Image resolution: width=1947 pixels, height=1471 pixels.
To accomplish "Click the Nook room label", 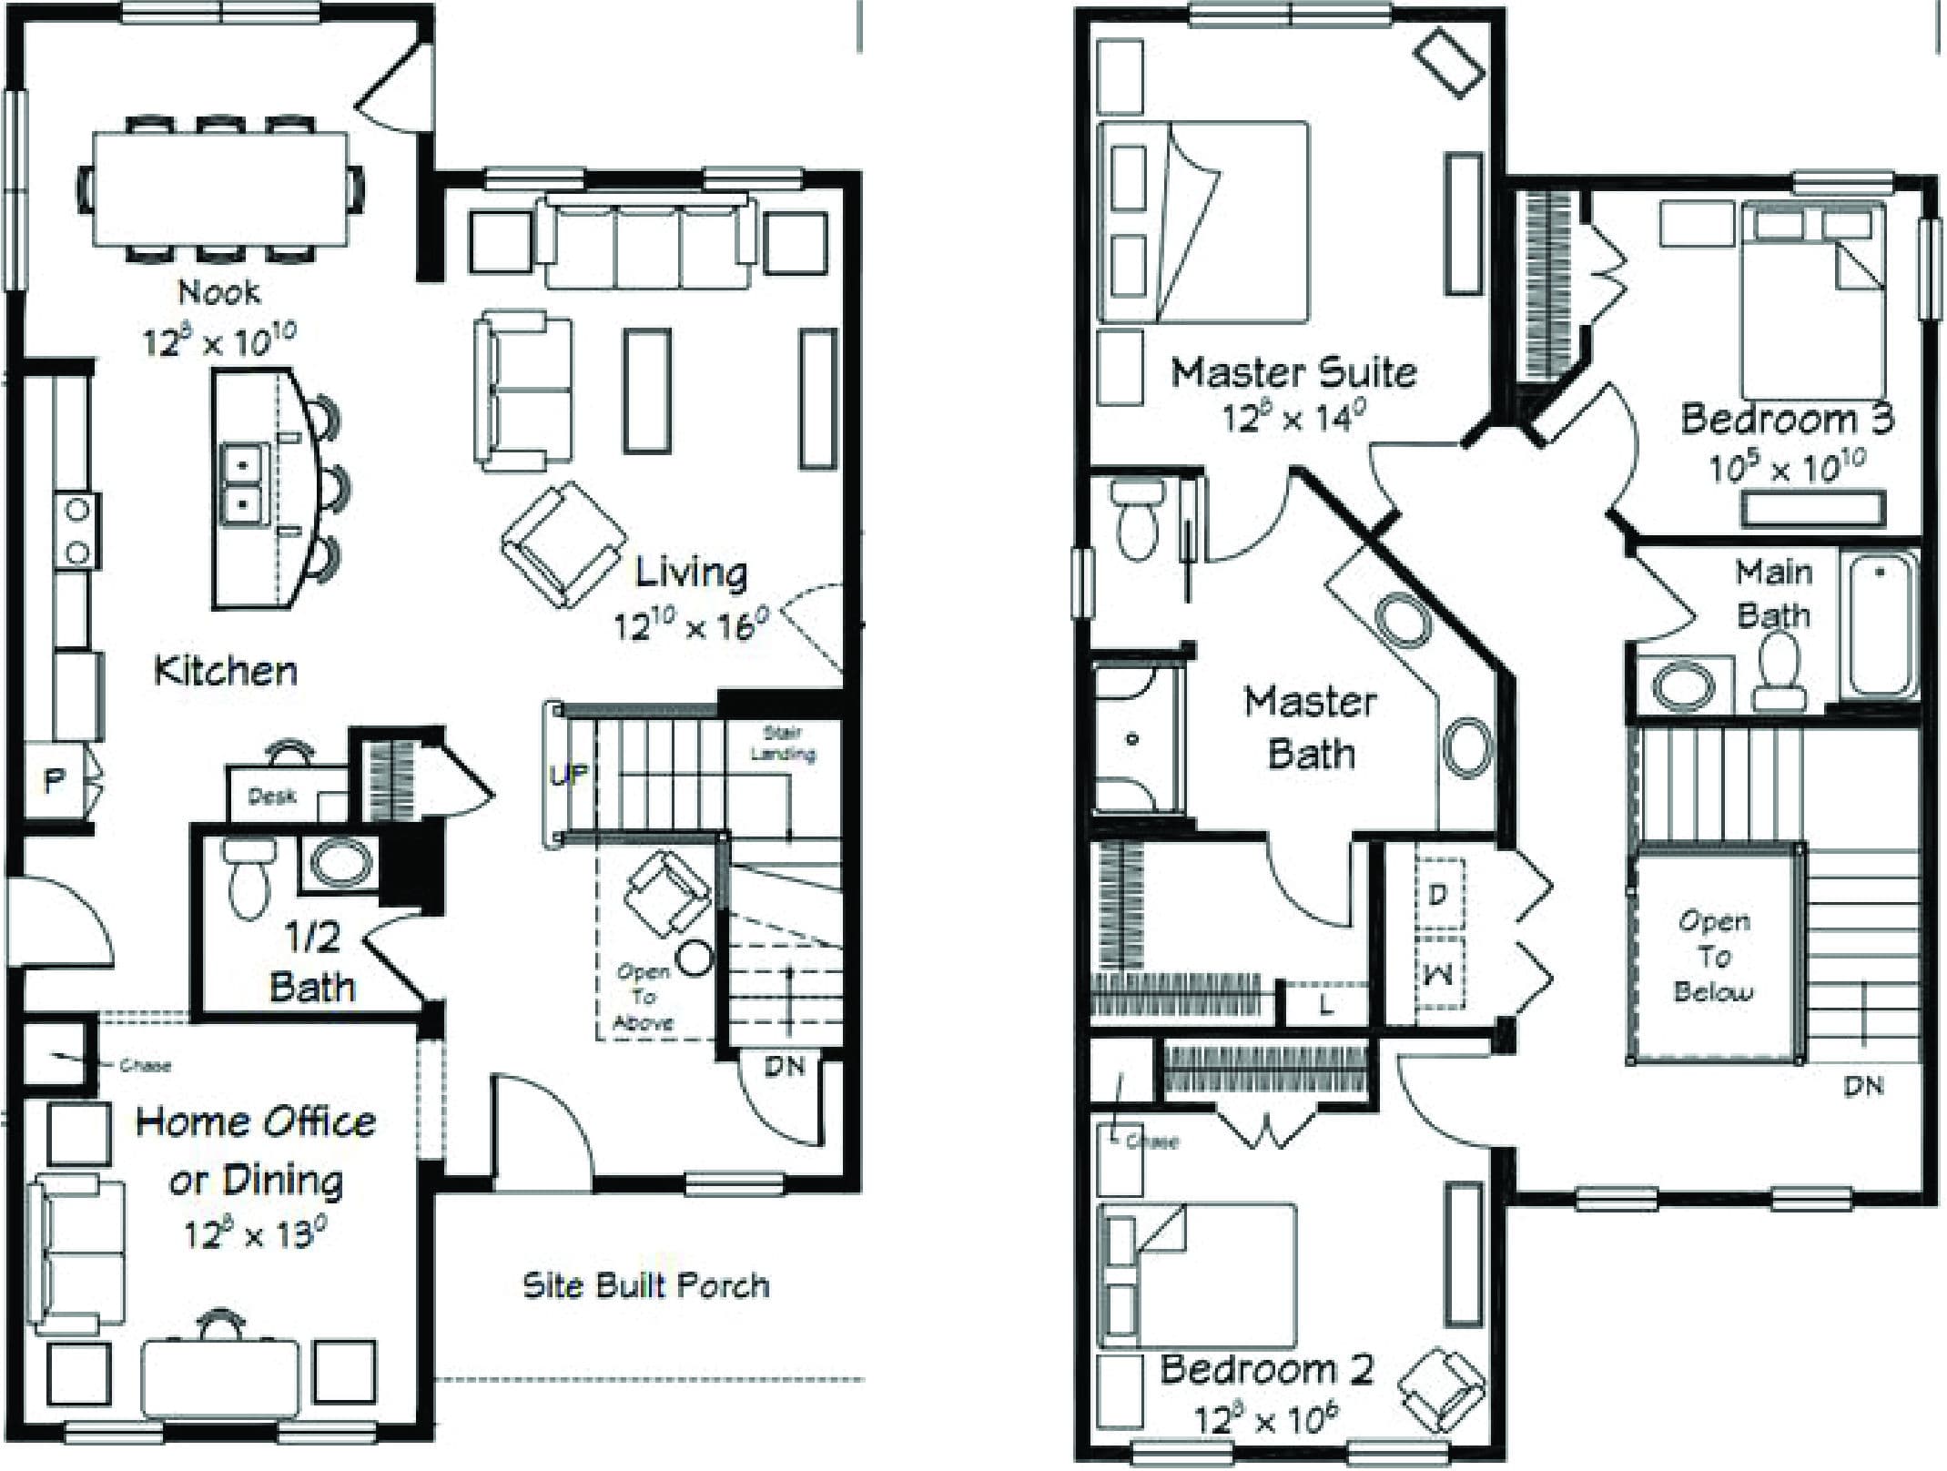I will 218,292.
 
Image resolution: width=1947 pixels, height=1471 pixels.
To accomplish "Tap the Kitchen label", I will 226,671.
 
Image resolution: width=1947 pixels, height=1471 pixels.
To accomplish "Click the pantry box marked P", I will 54,780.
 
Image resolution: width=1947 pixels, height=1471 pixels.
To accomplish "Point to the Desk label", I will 271,796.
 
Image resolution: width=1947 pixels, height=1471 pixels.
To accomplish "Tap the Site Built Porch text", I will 645,1285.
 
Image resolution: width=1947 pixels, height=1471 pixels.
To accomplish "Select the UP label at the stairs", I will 569,776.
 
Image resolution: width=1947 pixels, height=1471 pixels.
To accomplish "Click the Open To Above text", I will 644,997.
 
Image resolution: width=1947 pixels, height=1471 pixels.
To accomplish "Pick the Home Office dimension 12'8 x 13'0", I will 255,1234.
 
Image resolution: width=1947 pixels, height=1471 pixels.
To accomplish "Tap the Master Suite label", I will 1293,372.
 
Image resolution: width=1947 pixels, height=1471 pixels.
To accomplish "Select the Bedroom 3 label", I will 1787,419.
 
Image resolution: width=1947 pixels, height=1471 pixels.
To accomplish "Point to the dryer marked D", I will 1438,895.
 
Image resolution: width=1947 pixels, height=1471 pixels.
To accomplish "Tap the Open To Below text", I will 1714,956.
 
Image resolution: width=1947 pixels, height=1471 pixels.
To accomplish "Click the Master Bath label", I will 1311,728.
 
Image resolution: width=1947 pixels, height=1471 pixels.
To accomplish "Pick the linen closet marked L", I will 1325,1005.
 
